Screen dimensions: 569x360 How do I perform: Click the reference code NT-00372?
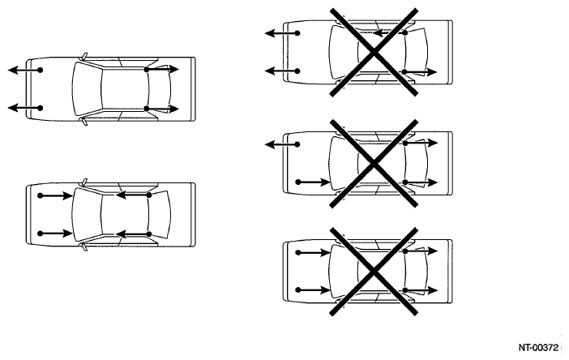pyautogui.click(x=538, y=348)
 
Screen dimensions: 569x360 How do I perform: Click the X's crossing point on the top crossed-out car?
pyautogui.click(x=374, y=53)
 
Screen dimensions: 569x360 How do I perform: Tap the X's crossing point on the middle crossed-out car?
pyautogui.click(x=374, y=164)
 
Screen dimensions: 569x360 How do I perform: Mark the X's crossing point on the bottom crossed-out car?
pyautogui.click(x=374, y=271)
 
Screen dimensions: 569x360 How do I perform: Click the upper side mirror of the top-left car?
pyautogui.click(x=84, y=56)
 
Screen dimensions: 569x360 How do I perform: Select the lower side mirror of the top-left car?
pyautogui.click(x=84, y=122)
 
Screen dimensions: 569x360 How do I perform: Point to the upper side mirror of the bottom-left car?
pyautogui.click(x=84, y=182)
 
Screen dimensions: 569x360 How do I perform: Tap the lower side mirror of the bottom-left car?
pyautogui.click(x=84, y=247)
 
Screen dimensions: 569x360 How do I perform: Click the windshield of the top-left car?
pyautogui.click(x=88, y=89)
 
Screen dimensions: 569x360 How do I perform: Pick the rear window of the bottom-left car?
pyautogui.click(x=160, y=215)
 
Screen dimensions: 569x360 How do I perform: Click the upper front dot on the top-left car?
pyautogui.click(x=40, y=70)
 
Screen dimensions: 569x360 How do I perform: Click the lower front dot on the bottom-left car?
pyautogui.click(x=40, y=234)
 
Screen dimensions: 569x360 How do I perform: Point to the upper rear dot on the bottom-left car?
pyautogui.click(x=149, y=195)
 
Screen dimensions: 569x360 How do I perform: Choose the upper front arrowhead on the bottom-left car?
pyautogui.click(x=67, y=195)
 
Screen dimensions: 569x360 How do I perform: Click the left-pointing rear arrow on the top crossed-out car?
pyautogui.click(x=389, y=33)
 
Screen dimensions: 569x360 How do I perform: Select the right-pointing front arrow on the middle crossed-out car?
pyautogui.click(x=312, y=182)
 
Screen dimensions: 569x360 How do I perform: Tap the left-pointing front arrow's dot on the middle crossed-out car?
pyautogui.click(x=297, y=144)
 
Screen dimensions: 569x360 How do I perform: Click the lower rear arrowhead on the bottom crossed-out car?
pyautogui.click(x=433, y=290)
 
